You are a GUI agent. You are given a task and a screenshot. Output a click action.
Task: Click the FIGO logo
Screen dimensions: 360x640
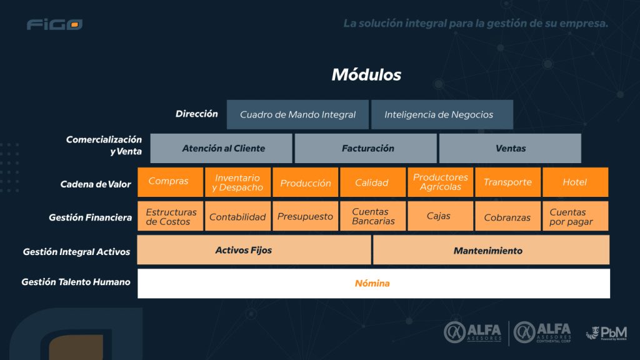pyautogui.click(x=54, y=25)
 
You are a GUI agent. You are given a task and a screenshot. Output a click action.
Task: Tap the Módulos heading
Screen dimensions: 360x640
pyautogui.click(x=366, y=75)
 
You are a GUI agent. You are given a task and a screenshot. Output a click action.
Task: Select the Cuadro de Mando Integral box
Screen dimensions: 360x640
pyautogui.click(x=298, y=114)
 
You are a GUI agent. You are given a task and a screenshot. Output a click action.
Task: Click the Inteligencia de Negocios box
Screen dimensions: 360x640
pyautogui.click(x=442, y=114)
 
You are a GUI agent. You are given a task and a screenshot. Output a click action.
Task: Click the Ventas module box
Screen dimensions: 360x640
pyautogui.click(x=510, y=148)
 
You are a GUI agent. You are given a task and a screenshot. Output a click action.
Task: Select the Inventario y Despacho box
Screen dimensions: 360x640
pyautogui.click(x=237, y=182)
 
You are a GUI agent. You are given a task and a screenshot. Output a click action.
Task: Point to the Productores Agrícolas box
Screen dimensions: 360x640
pyautogui.click(x=441, y=182)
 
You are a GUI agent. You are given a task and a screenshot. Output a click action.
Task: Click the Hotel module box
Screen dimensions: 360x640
pyautogui.click(x=575, y=182)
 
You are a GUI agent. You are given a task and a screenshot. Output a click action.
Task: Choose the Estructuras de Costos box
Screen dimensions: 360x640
pyautogui.click(x=170, y=216)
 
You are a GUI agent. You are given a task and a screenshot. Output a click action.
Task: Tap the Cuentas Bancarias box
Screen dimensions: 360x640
pyautogui.click(x=373, y=216)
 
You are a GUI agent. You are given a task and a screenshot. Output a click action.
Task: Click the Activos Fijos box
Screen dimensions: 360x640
pyautogui.click(x=254, y=250)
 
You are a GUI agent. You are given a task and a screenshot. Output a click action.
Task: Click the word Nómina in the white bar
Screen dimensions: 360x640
pyautogui.click(x=372, y=283)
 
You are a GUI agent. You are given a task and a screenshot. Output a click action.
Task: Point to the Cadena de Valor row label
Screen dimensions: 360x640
pyautogui.click(x=96, y=184)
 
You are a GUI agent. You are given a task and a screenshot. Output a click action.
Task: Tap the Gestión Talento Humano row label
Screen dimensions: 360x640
pyautogui.click(x=76, y=282)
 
